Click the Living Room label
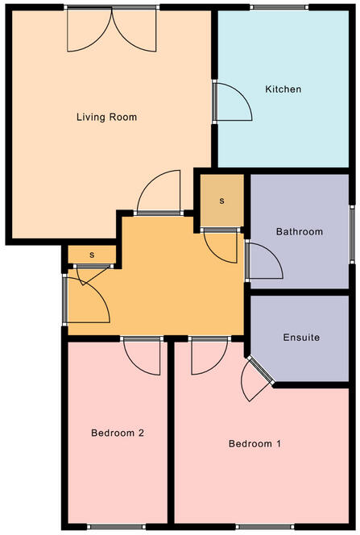pos(106,117)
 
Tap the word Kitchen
pos(283,89)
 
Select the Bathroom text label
pos(300,232)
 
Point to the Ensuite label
pos(301,338)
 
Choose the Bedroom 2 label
pos(117,433)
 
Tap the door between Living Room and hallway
pos(159,194)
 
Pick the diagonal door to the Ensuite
pos(256,379)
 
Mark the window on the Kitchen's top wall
pos(279,7)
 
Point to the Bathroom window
pos(351,233)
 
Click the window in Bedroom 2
pos(113,527)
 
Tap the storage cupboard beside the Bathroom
pos(221,200)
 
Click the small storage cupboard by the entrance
pos(92,255)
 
